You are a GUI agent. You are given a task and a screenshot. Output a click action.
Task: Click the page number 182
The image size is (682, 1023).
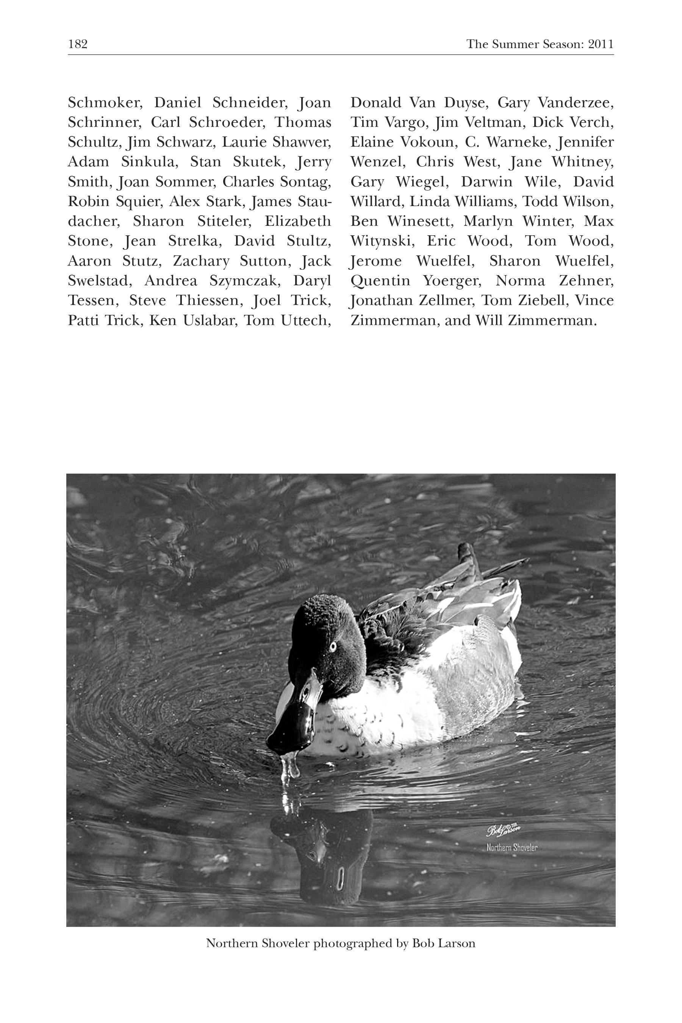78,44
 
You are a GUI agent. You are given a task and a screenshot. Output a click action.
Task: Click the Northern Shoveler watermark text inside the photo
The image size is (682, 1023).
512,847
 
